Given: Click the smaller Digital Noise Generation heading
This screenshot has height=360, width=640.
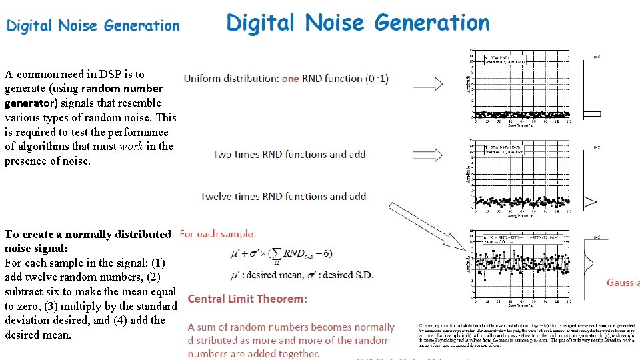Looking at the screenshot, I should [x=93, y=26].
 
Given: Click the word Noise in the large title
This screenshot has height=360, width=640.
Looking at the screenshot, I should [x=337, y=23].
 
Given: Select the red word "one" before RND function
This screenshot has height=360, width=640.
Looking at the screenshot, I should [x=290, y=78].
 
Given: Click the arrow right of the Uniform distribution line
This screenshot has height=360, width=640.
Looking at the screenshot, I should [x=429, y=78].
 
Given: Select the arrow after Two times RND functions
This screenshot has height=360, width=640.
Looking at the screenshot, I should [x=429, y=155].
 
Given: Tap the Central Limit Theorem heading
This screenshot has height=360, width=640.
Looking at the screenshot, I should [x=247, y=299].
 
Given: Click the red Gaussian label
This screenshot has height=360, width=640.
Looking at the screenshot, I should [x=623, y=283].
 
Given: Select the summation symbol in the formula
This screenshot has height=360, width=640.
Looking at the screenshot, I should [x=276, y=254].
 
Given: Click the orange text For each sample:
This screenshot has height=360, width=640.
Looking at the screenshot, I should [x=218, y=234].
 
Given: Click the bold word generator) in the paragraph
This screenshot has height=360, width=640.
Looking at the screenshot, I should [x=27, y=103].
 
